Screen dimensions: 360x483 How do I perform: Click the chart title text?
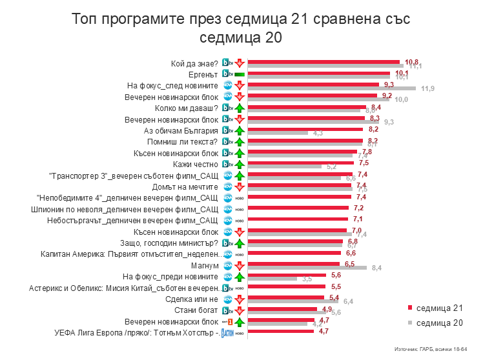click(241, 28)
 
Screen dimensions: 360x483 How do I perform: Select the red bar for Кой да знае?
click(323, 62)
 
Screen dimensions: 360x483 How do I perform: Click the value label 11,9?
click(427, 88)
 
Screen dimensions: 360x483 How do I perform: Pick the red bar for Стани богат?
click(283, 309)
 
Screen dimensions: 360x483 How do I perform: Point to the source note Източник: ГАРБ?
click(429, 348)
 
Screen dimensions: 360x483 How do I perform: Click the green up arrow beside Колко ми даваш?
click(238, 108)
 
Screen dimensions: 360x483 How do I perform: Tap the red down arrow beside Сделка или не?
click(238, 299)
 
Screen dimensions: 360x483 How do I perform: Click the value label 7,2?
click(359, 208)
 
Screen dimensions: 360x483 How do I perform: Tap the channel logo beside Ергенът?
click(227, 75)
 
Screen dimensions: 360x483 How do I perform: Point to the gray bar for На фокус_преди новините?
click(272, 279)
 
